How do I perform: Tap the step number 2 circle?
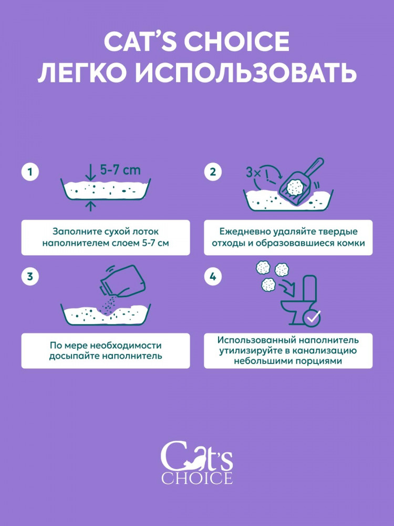(213, 172)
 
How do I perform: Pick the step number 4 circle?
(213, 277)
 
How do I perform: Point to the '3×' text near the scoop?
(253, 172)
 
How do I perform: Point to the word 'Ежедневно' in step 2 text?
(238, 232)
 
